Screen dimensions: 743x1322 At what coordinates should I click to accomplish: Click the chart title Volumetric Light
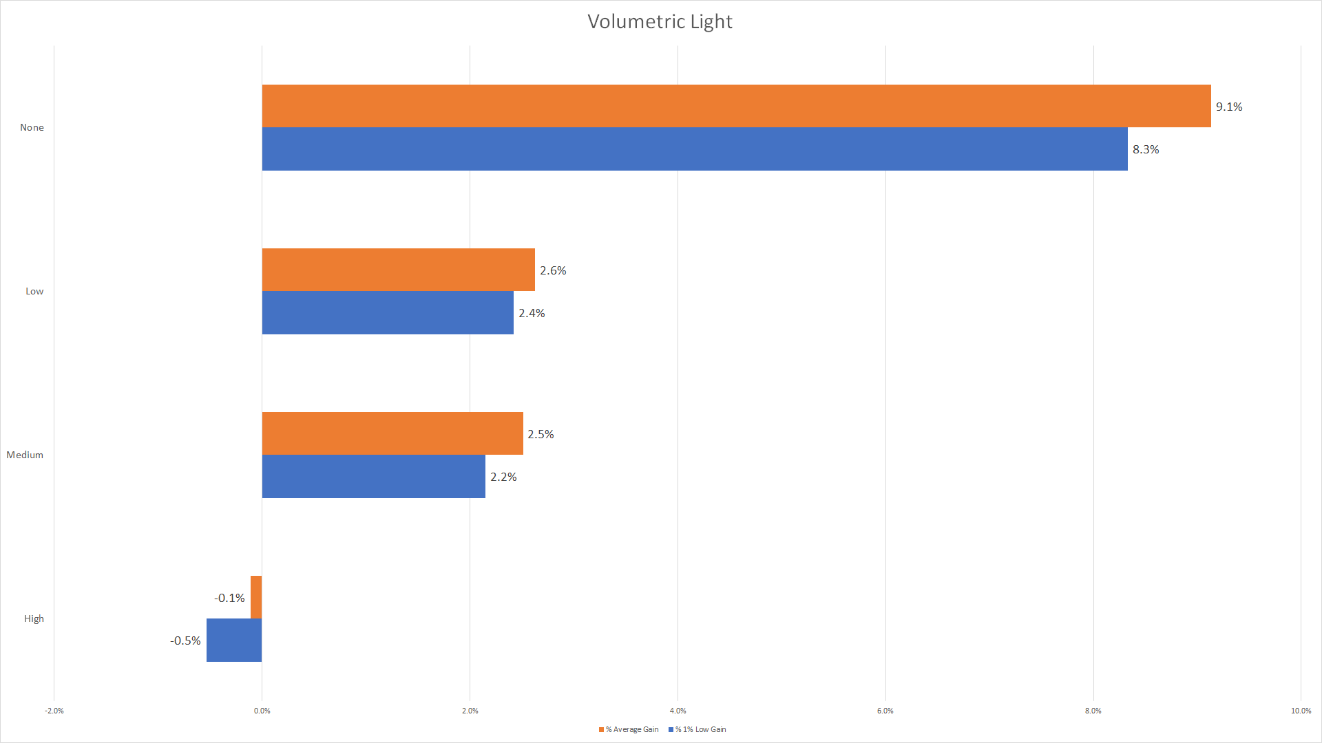(660, 22)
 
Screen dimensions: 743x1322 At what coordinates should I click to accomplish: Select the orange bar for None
(736, 106)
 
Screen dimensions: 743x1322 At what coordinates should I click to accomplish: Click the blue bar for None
(694, 149)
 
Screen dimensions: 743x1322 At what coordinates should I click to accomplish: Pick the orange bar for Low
(398, 270)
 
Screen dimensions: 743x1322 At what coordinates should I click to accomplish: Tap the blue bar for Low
(388, 312)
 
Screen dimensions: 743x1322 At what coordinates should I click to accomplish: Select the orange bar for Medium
(392, 433)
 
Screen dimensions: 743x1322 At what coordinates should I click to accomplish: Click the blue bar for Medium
(373, 476)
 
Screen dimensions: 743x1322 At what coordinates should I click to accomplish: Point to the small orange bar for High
(256, 597)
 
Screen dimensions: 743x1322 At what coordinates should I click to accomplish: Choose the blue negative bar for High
(234, 640)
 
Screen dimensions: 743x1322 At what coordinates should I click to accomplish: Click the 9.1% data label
(1229, 107)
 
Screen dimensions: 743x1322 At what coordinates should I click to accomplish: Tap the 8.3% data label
(1146, 149)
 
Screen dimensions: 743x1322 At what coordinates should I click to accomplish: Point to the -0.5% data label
(185, 640)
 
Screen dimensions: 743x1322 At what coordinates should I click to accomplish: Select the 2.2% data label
(503, 477)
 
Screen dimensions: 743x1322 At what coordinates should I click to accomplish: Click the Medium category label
(25, 455)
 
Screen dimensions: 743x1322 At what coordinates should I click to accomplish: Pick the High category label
(34, 618)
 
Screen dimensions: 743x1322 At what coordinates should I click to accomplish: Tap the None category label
(32, 127)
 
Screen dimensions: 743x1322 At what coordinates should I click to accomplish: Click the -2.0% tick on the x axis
(54, 711)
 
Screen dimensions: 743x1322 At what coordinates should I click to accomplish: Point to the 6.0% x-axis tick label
(885, 711)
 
